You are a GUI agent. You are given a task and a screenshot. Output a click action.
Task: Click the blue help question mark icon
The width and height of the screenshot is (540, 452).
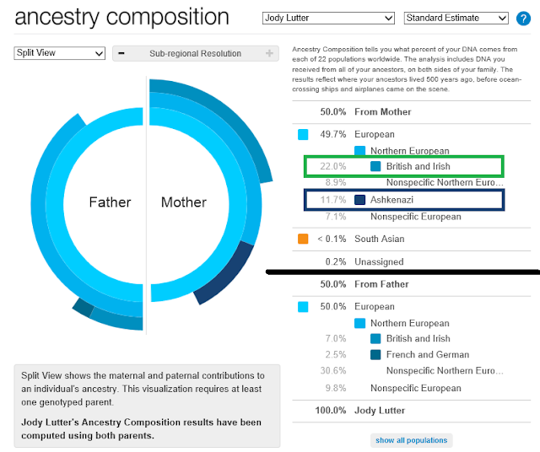coord(523,18)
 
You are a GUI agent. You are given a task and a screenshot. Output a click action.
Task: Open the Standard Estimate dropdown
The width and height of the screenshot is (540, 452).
coord(456,18)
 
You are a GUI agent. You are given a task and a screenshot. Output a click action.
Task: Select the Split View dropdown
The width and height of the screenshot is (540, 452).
coord(59,53)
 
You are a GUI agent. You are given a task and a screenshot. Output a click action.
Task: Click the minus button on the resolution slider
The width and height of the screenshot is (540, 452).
coord(121,54)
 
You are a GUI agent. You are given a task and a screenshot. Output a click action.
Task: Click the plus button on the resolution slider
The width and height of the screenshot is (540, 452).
coord(269,54)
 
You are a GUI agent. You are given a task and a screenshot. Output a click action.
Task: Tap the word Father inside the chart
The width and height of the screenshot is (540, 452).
coord(110,202)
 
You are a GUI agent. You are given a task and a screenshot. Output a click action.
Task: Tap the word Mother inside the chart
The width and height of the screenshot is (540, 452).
coord(183,202)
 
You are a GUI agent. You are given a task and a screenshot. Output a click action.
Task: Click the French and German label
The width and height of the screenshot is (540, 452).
coord(427,354)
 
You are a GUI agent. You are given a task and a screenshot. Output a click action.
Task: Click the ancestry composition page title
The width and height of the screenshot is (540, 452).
coord(121,17)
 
